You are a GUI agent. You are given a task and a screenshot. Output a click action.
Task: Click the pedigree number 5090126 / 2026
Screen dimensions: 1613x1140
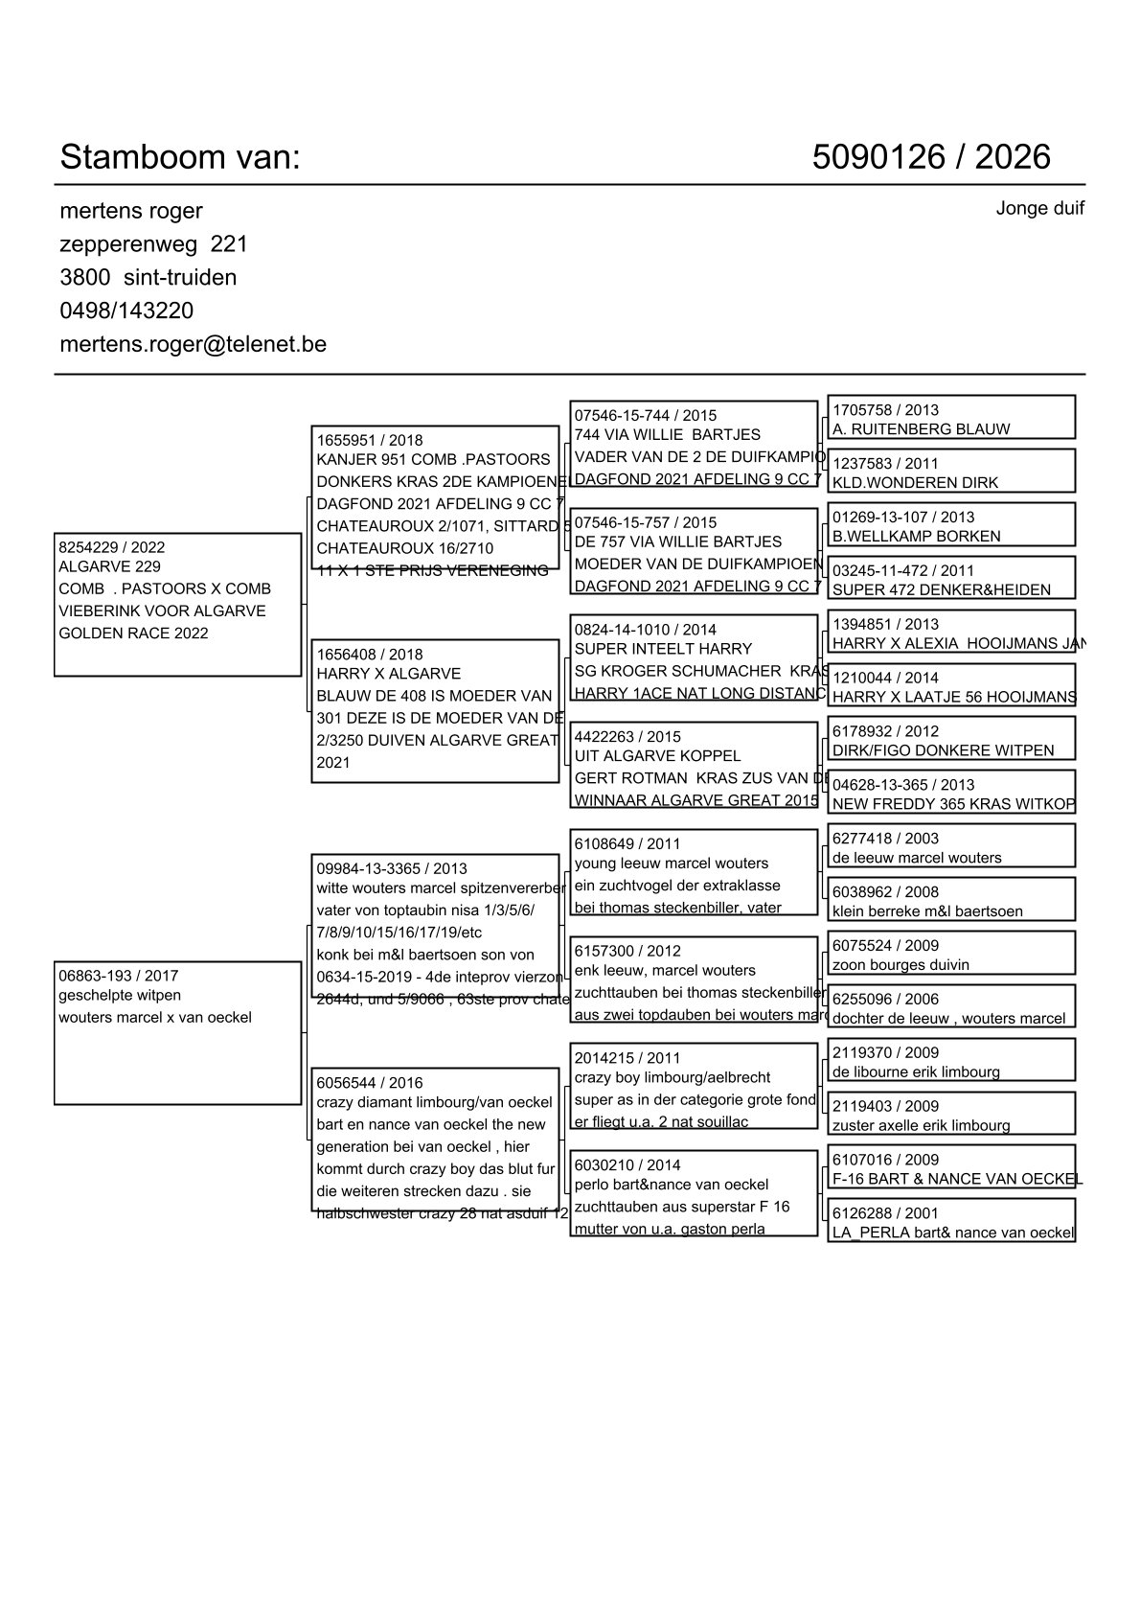[930, 157]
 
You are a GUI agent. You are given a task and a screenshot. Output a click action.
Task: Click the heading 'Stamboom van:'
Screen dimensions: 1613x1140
[180, 157]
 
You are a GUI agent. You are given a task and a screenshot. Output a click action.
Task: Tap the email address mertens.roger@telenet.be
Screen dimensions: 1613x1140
[193, 344]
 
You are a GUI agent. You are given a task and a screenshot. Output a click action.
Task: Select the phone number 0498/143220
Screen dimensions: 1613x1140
[126, 311]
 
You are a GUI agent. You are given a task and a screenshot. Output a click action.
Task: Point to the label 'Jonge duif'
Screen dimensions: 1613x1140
[1039, 208]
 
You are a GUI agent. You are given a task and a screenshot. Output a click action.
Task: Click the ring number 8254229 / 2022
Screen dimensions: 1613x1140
[112, 547]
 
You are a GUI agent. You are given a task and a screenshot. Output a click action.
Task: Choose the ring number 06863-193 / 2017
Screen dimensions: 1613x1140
[119, 976]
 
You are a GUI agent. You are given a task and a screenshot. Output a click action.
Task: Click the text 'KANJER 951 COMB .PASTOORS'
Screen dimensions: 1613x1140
[433, 460]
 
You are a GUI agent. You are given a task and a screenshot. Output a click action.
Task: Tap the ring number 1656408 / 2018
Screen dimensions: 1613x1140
[370, 655]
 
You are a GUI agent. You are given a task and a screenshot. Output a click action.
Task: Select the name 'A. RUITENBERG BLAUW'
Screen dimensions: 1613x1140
[921, 429]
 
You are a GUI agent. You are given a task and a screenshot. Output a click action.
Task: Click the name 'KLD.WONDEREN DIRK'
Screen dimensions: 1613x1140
[915, 483]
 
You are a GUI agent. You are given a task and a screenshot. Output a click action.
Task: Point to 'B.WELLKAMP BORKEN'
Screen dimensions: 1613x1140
[916, 537]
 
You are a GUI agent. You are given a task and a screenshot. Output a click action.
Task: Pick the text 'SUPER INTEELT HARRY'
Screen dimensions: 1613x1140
[663, 649]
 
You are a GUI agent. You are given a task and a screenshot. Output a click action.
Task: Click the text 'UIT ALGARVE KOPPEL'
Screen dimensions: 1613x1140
[657, 756]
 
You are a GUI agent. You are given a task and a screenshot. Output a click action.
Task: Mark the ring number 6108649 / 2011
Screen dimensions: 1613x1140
[627, 844]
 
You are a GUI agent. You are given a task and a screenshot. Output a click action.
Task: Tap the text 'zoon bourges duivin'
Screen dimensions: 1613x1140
[901, 965]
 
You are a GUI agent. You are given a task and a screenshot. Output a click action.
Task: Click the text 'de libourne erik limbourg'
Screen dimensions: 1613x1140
[916, 1072]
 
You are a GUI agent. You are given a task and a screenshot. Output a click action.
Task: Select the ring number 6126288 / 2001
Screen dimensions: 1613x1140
[885, 1213]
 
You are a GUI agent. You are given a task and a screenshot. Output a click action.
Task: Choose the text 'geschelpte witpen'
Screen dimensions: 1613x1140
[120, 996]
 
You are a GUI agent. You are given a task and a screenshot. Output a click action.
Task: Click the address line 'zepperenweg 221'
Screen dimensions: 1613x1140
[153, 244]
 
